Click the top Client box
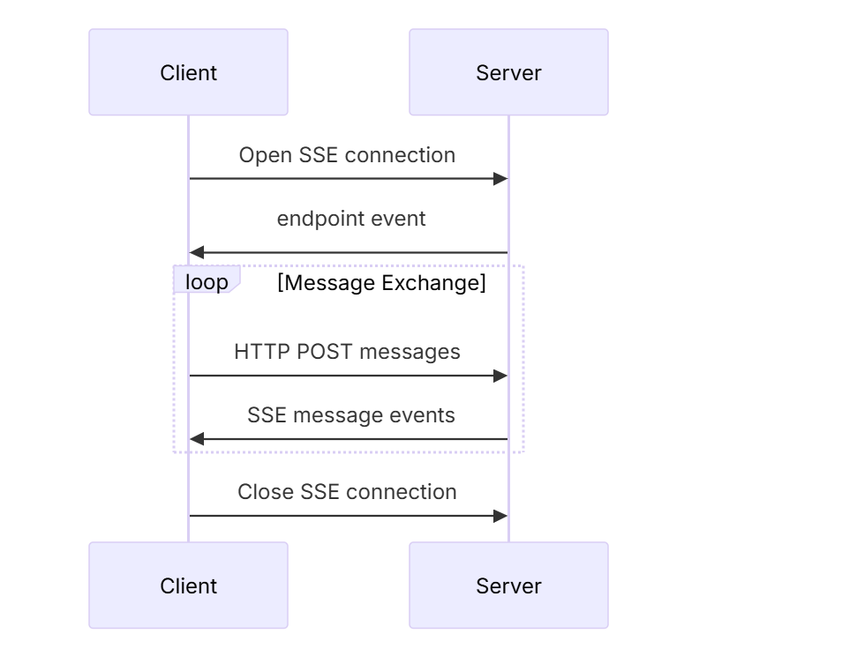coord(189,72)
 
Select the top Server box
coord(508,72)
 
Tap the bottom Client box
coord(189,585)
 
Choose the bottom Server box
coord(508,585)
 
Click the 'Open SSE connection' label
coord(348,155)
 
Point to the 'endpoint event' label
coord(351,219)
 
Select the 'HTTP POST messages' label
coord(348,352)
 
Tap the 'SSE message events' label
coord(351,415)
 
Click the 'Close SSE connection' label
coord(348,492)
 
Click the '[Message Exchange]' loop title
coord(382,283)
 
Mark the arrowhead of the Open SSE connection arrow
coord(500,179)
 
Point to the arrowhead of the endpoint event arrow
coord(197,252)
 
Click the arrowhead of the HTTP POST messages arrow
coord(500,376)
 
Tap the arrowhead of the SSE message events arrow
coord(197,439)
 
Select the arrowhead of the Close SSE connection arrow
coord(500,516)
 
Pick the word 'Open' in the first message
coord(266,155)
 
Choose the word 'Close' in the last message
coord(266,492)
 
